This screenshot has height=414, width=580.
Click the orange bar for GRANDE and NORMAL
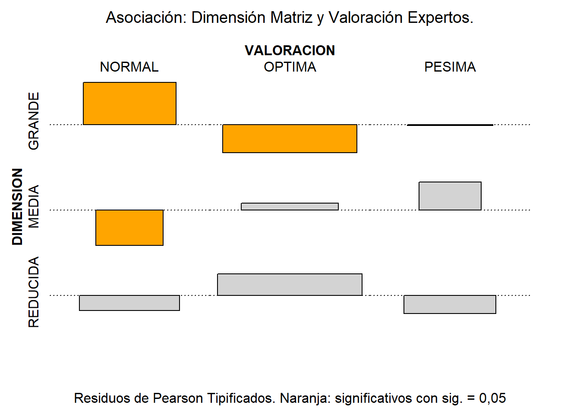129,103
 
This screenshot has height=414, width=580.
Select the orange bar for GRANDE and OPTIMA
290,138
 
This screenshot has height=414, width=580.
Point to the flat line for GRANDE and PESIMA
450,125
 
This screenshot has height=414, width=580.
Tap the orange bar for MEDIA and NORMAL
129,228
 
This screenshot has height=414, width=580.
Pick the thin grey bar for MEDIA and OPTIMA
290,207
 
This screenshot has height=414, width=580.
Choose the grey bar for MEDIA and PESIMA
450,196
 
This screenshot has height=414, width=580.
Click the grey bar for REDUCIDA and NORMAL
129,303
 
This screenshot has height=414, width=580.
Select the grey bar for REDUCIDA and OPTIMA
290,285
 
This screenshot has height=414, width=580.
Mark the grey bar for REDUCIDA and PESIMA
450,304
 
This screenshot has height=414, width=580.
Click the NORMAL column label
129,67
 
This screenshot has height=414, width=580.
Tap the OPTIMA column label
290,67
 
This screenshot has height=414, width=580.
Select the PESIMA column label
450,67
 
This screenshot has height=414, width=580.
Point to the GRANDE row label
34,121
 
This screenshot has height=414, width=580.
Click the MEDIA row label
34,207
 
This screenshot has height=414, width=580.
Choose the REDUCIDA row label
34,292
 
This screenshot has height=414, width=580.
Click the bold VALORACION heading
290,50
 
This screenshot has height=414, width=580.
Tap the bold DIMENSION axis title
17,207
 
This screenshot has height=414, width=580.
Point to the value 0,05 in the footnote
492,398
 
